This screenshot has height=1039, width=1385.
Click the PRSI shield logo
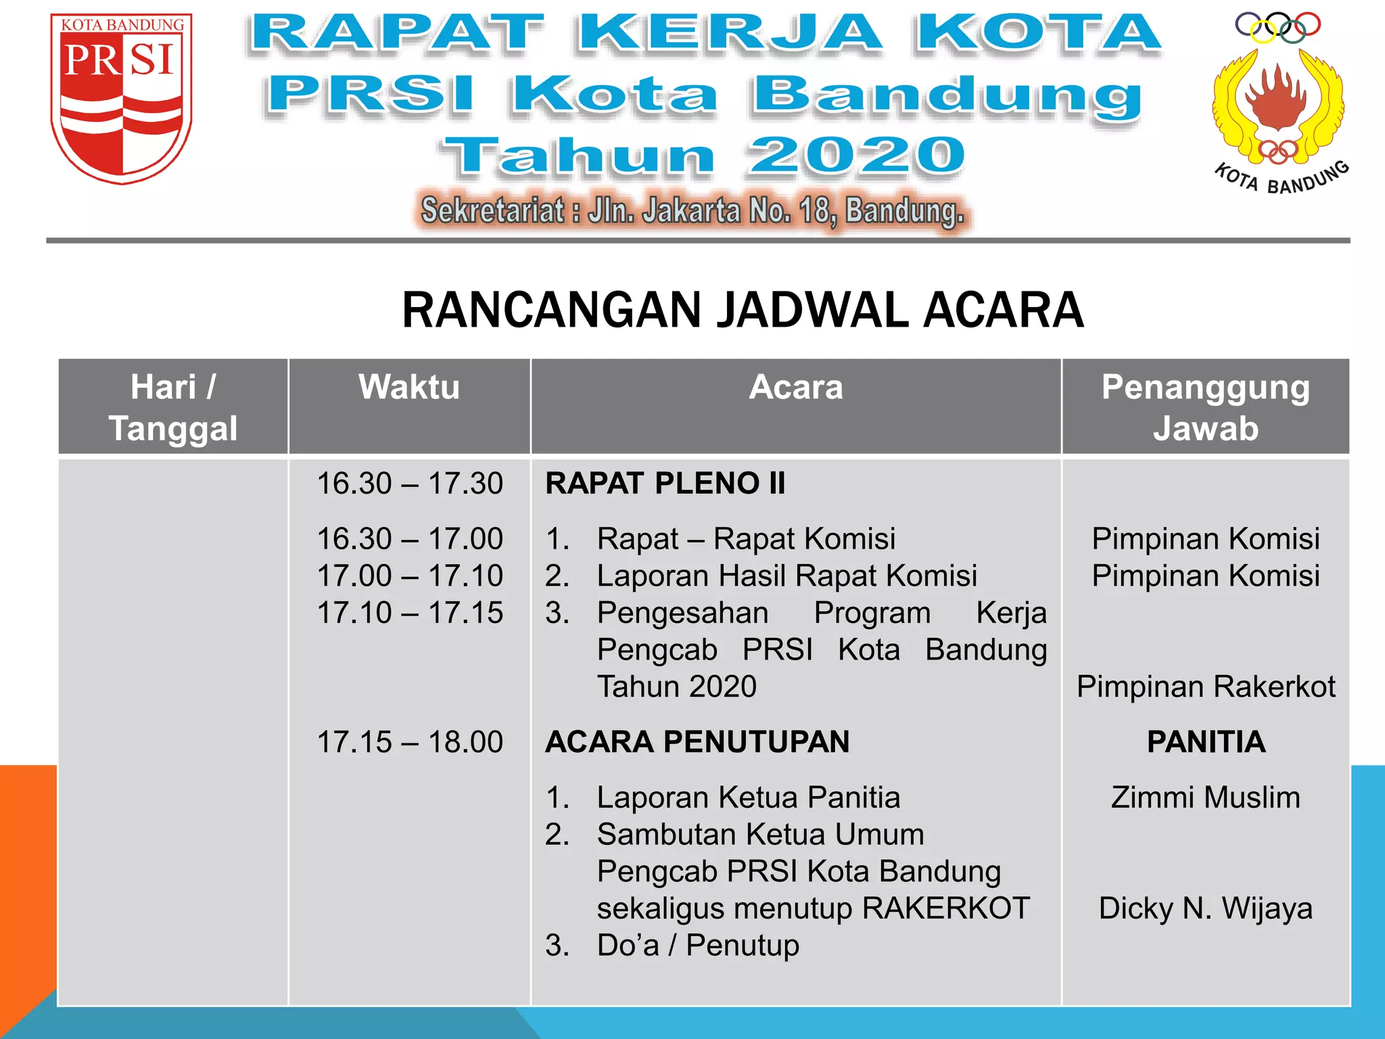(x=122, y=98)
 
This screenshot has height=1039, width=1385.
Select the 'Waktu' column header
(x=409, y=388)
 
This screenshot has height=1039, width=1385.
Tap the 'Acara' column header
(x=796, y=388)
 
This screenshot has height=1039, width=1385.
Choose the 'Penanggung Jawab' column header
(x=1206, y=407)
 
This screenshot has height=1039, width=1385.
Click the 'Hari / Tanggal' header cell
(x=173, y=407)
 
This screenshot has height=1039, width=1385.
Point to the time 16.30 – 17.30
(x=410, y=484)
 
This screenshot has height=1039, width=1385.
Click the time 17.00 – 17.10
(x=410, y=576)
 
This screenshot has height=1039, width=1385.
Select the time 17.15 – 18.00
(x=410, y=742)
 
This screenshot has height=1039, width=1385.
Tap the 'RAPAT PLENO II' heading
(x=665, y=484)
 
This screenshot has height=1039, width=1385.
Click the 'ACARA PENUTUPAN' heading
(x=697, y=742)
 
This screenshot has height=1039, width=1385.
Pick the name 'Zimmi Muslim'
(x=1206, y=798)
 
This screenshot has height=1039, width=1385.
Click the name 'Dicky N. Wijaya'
(x=1206, y=908)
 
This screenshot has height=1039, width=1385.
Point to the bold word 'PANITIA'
(x=1206, y=742)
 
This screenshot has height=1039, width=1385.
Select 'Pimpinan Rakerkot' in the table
(x=1206, y=687)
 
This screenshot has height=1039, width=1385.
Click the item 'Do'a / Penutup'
(x=697, y=946)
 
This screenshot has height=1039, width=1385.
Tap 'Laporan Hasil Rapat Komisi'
(x=787, y=576)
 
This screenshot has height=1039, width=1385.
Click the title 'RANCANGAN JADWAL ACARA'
(x=743, y=310)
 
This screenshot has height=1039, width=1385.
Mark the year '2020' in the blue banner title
(x=856, y=156)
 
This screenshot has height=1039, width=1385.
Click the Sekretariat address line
(x=692, y=211)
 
